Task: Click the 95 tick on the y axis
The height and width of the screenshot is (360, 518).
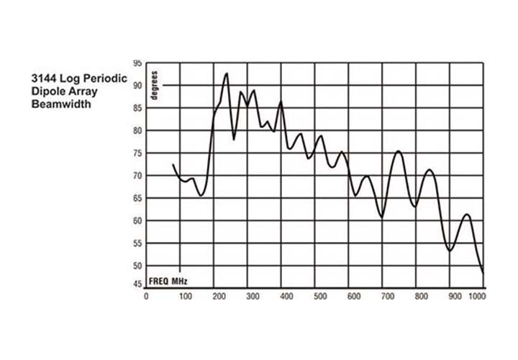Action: point(137,63)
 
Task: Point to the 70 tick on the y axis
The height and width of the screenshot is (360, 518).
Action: point(137,176)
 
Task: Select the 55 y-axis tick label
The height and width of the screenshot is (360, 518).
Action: point(137,243)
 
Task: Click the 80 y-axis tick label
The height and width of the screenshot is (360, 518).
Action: point(137,131)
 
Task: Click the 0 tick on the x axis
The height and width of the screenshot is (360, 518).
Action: point(146,296)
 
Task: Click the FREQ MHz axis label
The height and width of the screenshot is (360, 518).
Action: point(169,280)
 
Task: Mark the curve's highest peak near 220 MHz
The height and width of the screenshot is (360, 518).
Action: point(226,73)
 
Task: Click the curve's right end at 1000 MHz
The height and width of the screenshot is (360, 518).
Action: point(483,273)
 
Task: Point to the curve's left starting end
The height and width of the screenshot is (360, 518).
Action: point(173,165)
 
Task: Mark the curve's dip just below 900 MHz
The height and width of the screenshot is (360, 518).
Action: point(450,251)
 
